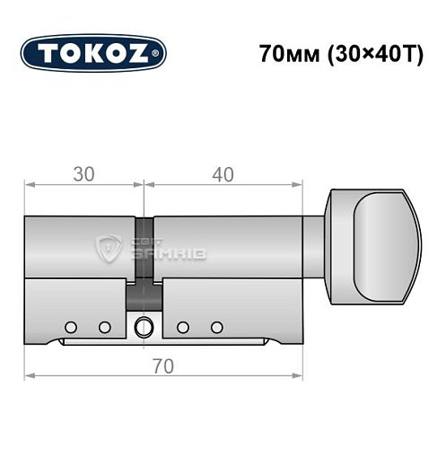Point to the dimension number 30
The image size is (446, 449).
point(83,175)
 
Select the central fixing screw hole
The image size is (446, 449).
point(142,327)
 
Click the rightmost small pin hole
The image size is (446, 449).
point(215,325)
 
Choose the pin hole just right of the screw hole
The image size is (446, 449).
point(182,325)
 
